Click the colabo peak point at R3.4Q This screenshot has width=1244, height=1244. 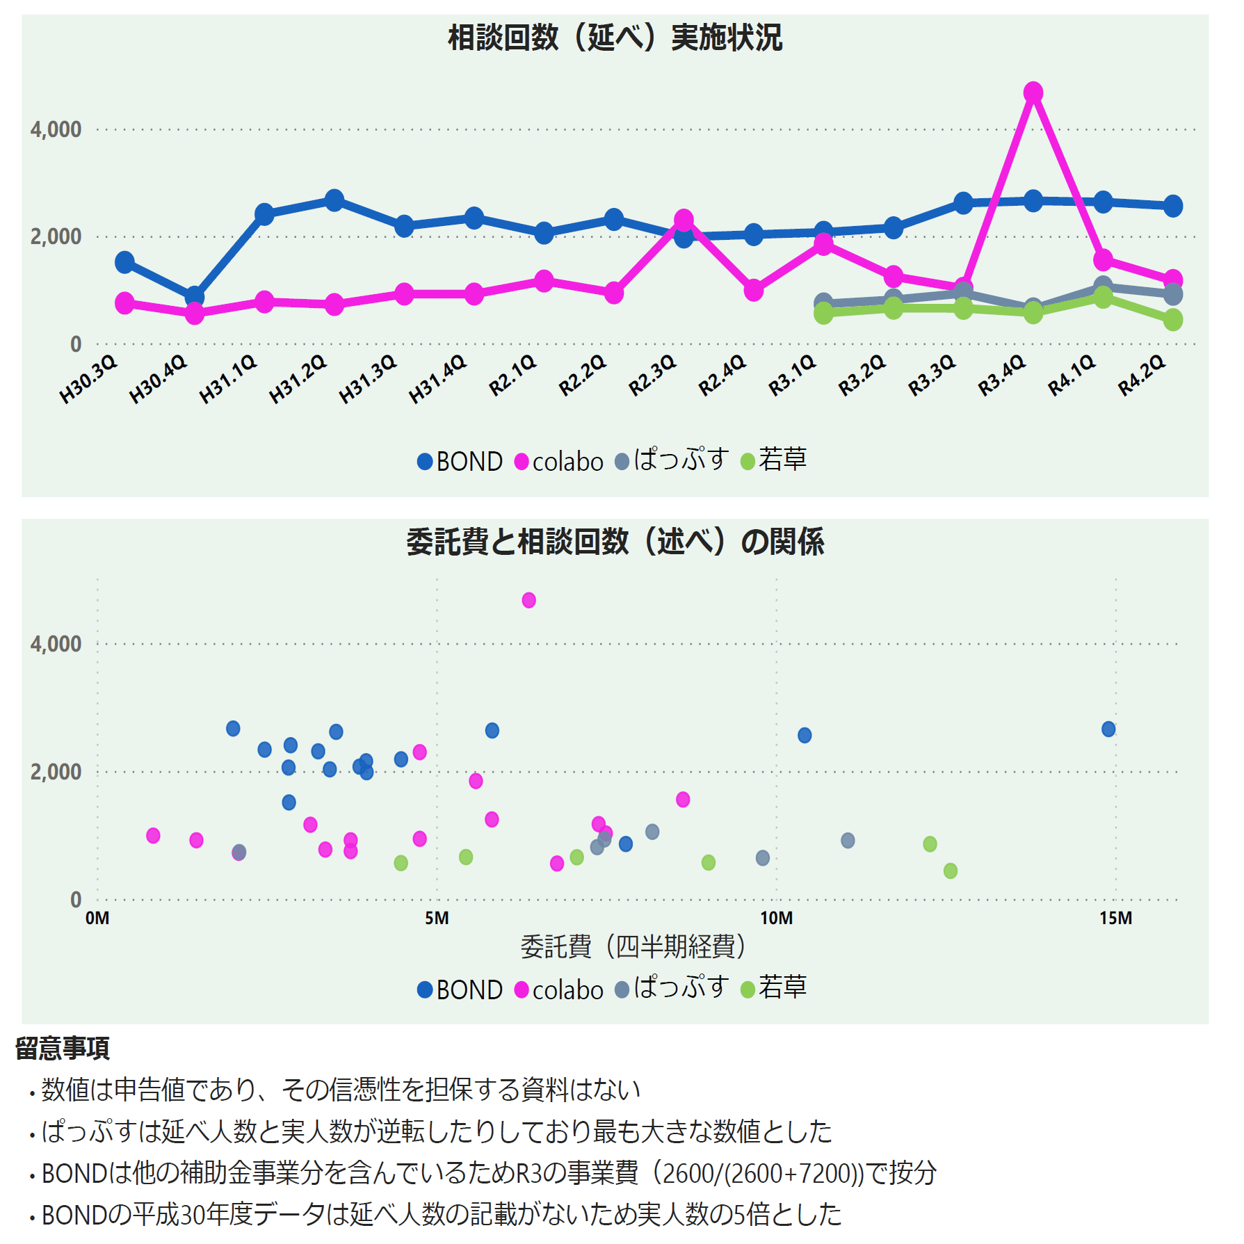[x=1033, y=92]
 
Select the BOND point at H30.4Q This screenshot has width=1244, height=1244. [x=195, y=297]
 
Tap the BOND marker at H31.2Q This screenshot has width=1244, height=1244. [x=334, y=200]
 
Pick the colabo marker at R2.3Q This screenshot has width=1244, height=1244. [x=684, y=220]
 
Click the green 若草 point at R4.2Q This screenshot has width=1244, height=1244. [x=1173, y=320]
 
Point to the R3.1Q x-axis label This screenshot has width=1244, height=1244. [x=792, y=375]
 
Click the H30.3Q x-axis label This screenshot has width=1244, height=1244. [x=88, y=380]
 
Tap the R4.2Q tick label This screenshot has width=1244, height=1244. [x=1141, y=375]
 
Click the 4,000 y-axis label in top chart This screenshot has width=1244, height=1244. [x=56, y=129]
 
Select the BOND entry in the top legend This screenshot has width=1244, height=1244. [x=460, y=462]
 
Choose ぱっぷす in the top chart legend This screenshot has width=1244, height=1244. [x=672, y=460]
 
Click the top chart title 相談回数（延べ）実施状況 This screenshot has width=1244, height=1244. [x=615, y=38]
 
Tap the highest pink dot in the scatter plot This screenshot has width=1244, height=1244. [x=528, y=600]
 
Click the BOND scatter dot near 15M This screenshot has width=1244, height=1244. [x=1108, y=729]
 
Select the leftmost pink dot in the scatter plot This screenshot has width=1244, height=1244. [x=153, y=835]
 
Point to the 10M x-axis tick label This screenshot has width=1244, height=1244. [x=776, y=919]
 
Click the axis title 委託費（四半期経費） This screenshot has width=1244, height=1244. [x=633, y=947]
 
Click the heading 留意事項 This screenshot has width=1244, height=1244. [x=63, y=1048]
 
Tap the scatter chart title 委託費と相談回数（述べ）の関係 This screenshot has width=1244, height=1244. [x=615, y=542]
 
